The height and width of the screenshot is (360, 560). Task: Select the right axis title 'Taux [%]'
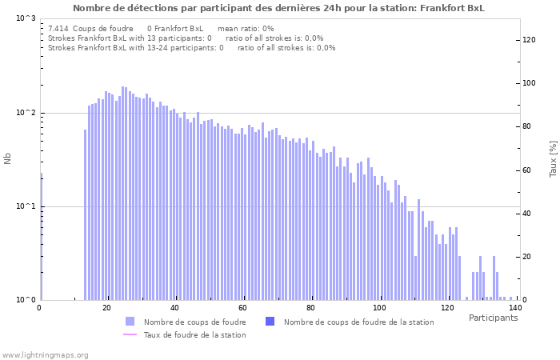553,158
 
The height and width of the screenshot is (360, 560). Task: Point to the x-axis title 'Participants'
493,318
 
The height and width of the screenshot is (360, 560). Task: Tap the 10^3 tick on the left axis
26,18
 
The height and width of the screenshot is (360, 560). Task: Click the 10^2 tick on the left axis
26,113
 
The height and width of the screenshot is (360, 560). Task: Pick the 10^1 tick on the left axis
26,206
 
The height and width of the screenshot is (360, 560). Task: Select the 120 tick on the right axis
530,40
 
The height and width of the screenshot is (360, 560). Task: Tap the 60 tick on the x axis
243,308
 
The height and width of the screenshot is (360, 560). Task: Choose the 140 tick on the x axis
514,308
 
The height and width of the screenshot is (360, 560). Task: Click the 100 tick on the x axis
379,308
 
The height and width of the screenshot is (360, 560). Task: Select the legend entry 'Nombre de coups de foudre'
194,322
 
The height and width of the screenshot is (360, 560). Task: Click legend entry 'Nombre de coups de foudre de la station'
358,322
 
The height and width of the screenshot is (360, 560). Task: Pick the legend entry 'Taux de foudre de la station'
194,335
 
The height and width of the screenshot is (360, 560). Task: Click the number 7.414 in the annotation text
58,29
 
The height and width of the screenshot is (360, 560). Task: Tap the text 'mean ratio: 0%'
246,29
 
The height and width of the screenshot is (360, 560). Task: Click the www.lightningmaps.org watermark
45,354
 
